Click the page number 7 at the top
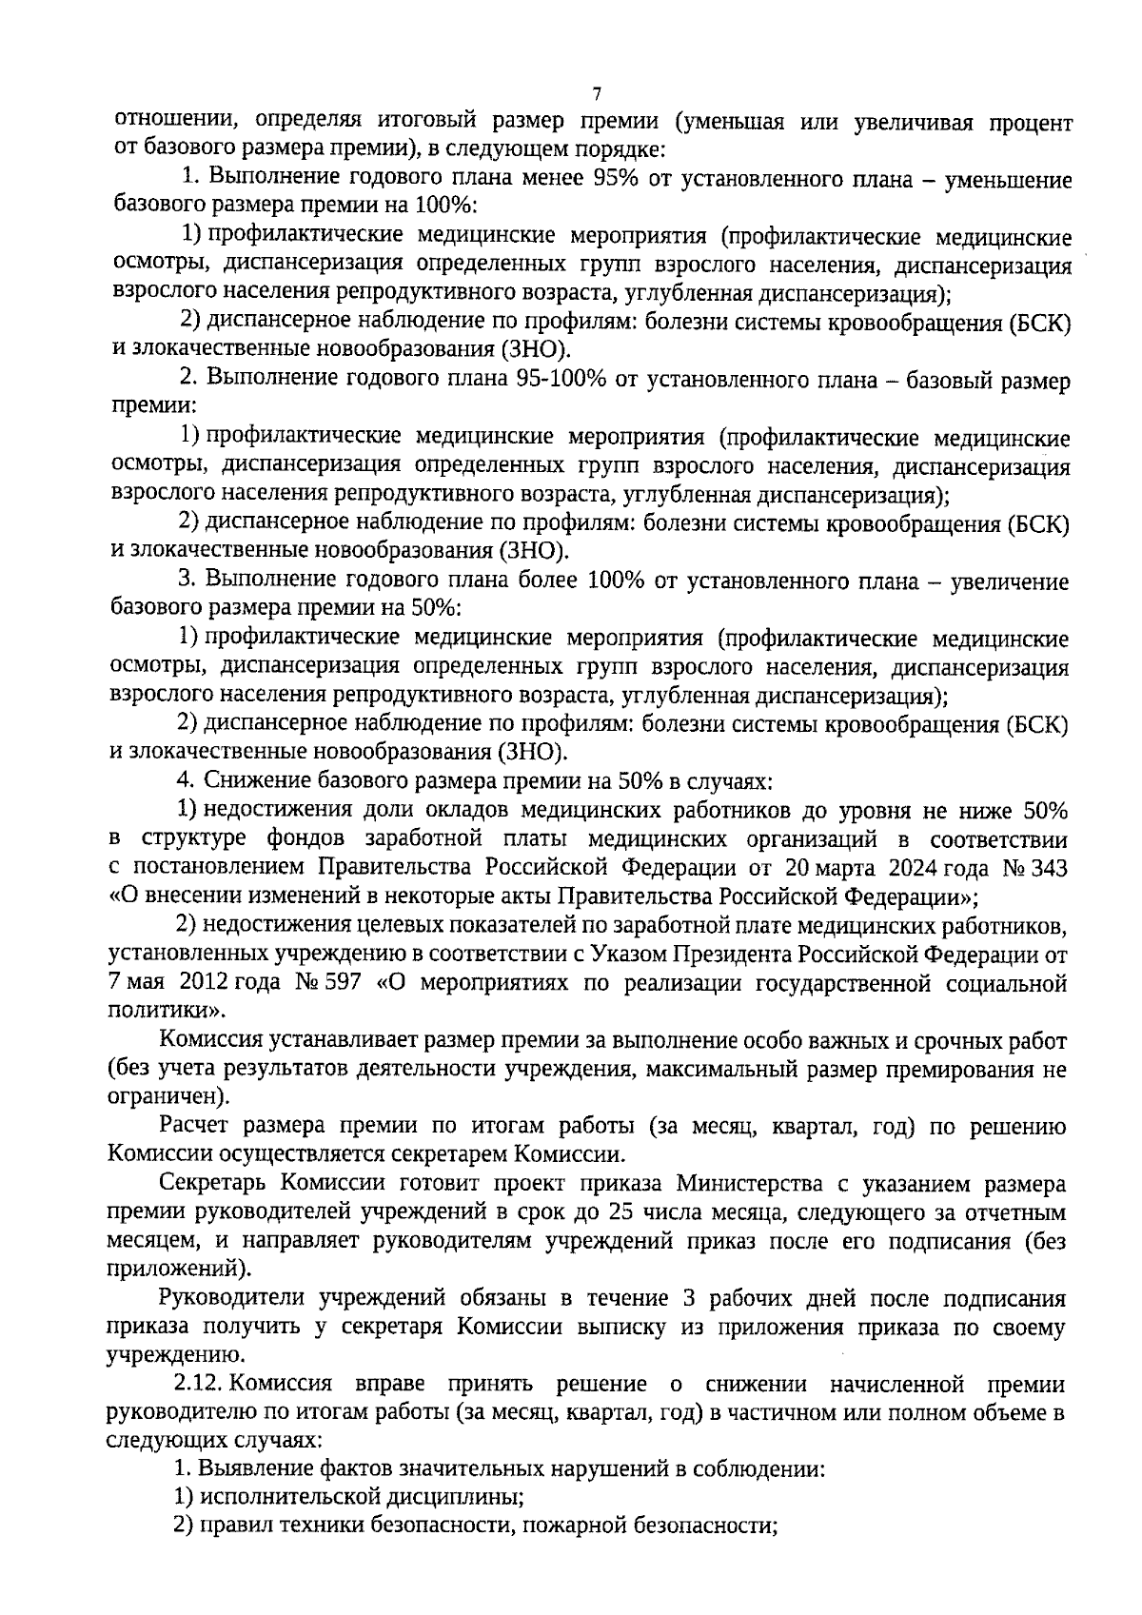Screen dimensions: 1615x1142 click(x=597, y=93)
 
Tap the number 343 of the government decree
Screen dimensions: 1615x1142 click(x=1047, y=867)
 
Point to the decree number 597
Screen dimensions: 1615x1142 click(x=342, y=982)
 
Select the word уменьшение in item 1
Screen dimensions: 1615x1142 click(x=1007, y=180)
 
